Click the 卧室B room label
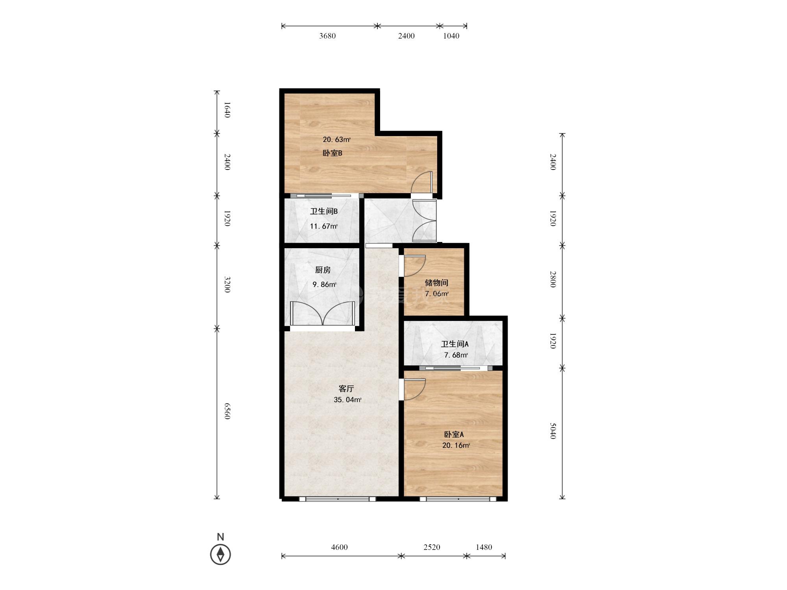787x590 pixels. click(x=333, y=153)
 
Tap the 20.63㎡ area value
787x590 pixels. click(x=336, y=140)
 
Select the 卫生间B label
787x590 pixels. click(x=324, y=211)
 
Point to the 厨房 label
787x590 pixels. click(x=323, y=270)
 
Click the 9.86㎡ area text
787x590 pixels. click(x=324, y=284)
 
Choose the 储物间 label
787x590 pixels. click(x=436, y=283)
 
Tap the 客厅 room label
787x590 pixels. click(x=346, y=389)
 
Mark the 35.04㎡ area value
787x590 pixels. click(x=347, y=400)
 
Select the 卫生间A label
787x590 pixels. click(x=454, y=344)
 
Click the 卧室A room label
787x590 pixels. click(x=454, y=435)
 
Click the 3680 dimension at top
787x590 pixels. click(x=327, y=36)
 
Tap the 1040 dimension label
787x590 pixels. click(x=451, y=36)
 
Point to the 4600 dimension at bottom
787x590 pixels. click(x=339, y=547)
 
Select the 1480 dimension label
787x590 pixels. click(x=484, y=547)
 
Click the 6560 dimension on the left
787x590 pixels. click(x=227, y=411)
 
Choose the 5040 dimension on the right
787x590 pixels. click(x=553, y=431)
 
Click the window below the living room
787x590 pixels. click(x=337, y=499)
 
